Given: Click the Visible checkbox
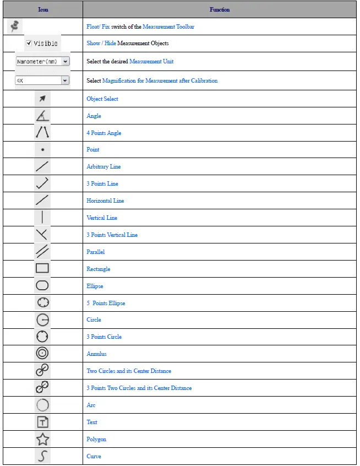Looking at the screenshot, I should [29, 43].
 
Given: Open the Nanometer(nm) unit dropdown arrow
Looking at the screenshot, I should [66, 62].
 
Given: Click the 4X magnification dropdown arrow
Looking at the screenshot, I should [65, 80].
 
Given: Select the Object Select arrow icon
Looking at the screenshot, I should [42, 99].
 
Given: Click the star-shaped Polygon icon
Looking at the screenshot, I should [42, 439].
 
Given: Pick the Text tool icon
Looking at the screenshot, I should [42, 422].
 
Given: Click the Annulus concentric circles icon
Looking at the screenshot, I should [42, 354].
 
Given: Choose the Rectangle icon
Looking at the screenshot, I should [42, 269].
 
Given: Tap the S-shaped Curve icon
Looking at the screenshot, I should [42, 456].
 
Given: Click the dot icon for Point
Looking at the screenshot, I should [42, 149].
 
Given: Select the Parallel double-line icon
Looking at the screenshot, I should [42, 252].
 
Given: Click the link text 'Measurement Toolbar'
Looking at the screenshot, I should [168, 26].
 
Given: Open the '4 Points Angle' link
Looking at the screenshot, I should [103, 133].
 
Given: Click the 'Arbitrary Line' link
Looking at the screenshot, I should [103, 166].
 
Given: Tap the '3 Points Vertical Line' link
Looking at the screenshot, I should [112, 235].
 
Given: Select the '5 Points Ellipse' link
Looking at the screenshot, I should [106, 303].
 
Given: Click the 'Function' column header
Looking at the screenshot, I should [220, 9].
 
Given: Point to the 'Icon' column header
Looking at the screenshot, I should [43, 9].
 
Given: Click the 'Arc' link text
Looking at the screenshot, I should [91, 405].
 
